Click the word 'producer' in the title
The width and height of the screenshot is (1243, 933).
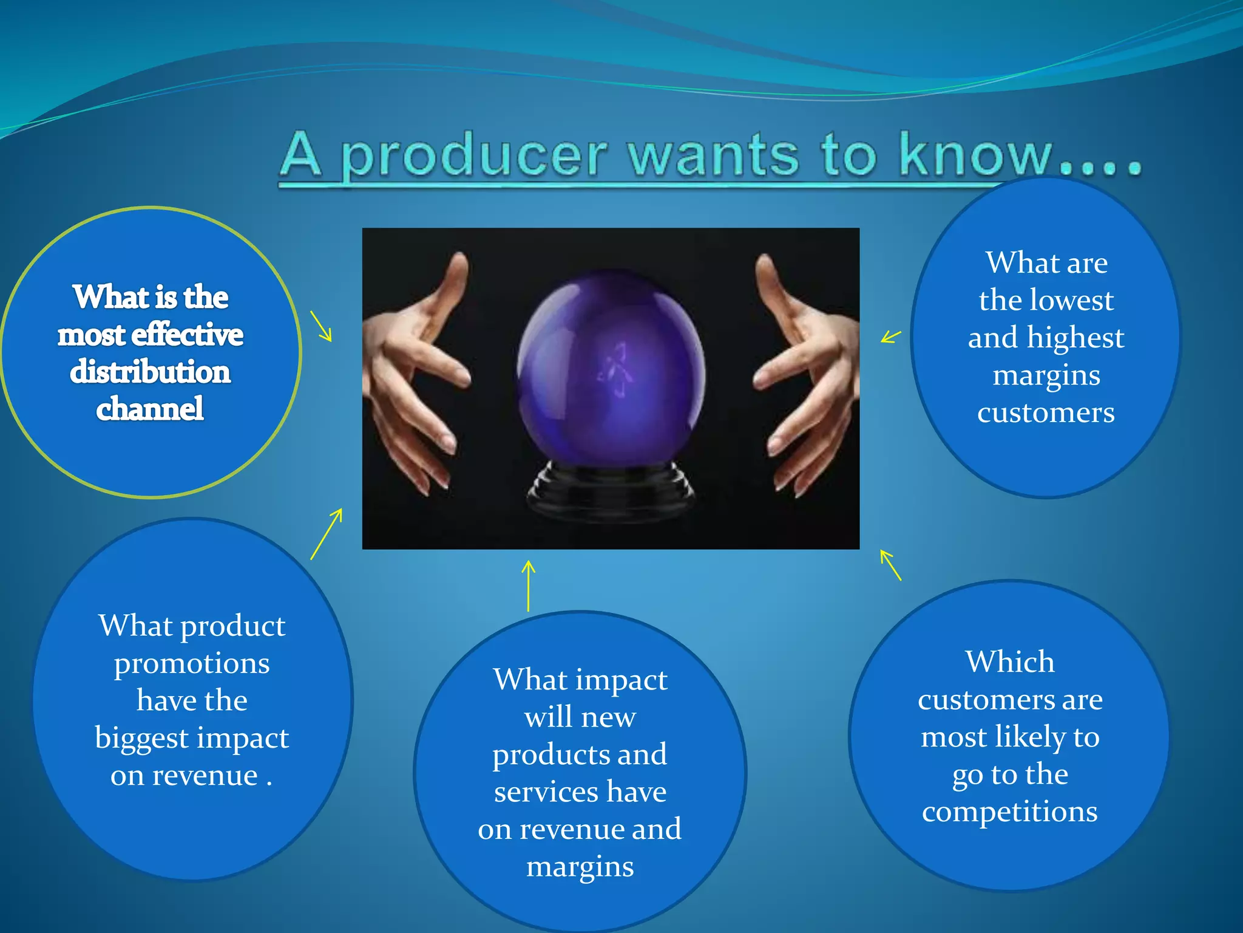[x=473, y=157]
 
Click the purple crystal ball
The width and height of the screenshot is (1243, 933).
[x=611, y=371]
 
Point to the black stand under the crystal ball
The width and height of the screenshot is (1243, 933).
[x=609, y=492]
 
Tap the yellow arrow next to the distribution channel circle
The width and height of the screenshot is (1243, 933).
[x=321, y=326]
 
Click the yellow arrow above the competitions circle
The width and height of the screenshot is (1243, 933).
[x=890, y=565]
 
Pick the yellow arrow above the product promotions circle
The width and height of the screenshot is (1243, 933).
[x=327, y=534]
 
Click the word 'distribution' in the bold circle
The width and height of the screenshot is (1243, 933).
[x=150, y=372]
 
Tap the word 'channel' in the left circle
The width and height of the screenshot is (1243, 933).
[x=150, y=409]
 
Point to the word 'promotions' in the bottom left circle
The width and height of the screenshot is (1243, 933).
[x=192, y=664]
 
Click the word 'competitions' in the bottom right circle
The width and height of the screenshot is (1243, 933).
[x=1009, y=812]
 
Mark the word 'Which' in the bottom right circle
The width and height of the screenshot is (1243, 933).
[x=1010, y=661]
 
